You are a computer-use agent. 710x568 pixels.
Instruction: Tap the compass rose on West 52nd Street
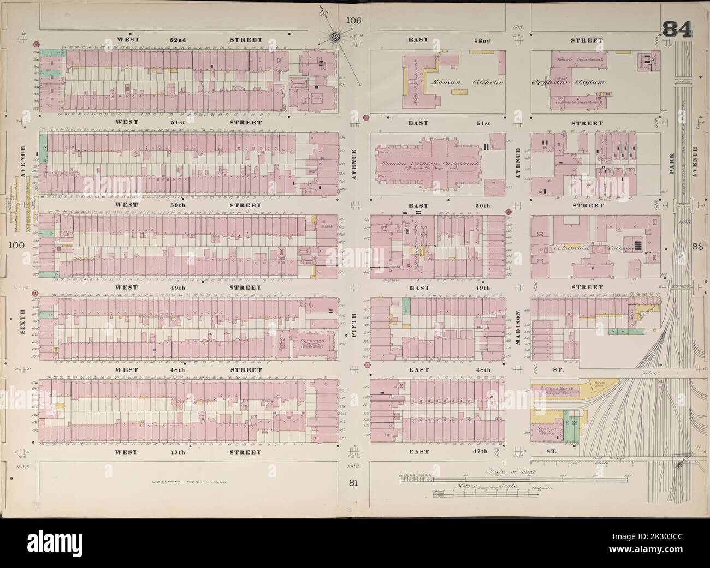(x=334, y=37)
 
